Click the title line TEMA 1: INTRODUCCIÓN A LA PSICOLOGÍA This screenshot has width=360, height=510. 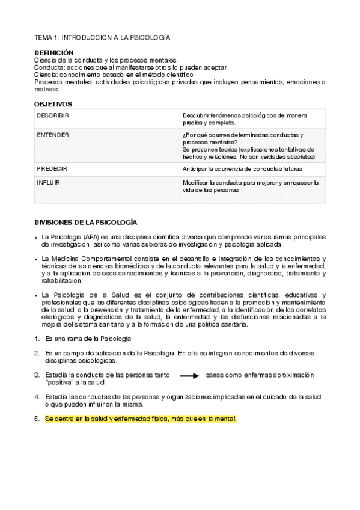(102, 37)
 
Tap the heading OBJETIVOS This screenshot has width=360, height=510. (53, 104)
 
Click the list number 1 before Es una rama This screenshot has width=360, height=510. (37, 339)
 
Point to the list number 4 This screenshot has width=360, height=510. (37, 397)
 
